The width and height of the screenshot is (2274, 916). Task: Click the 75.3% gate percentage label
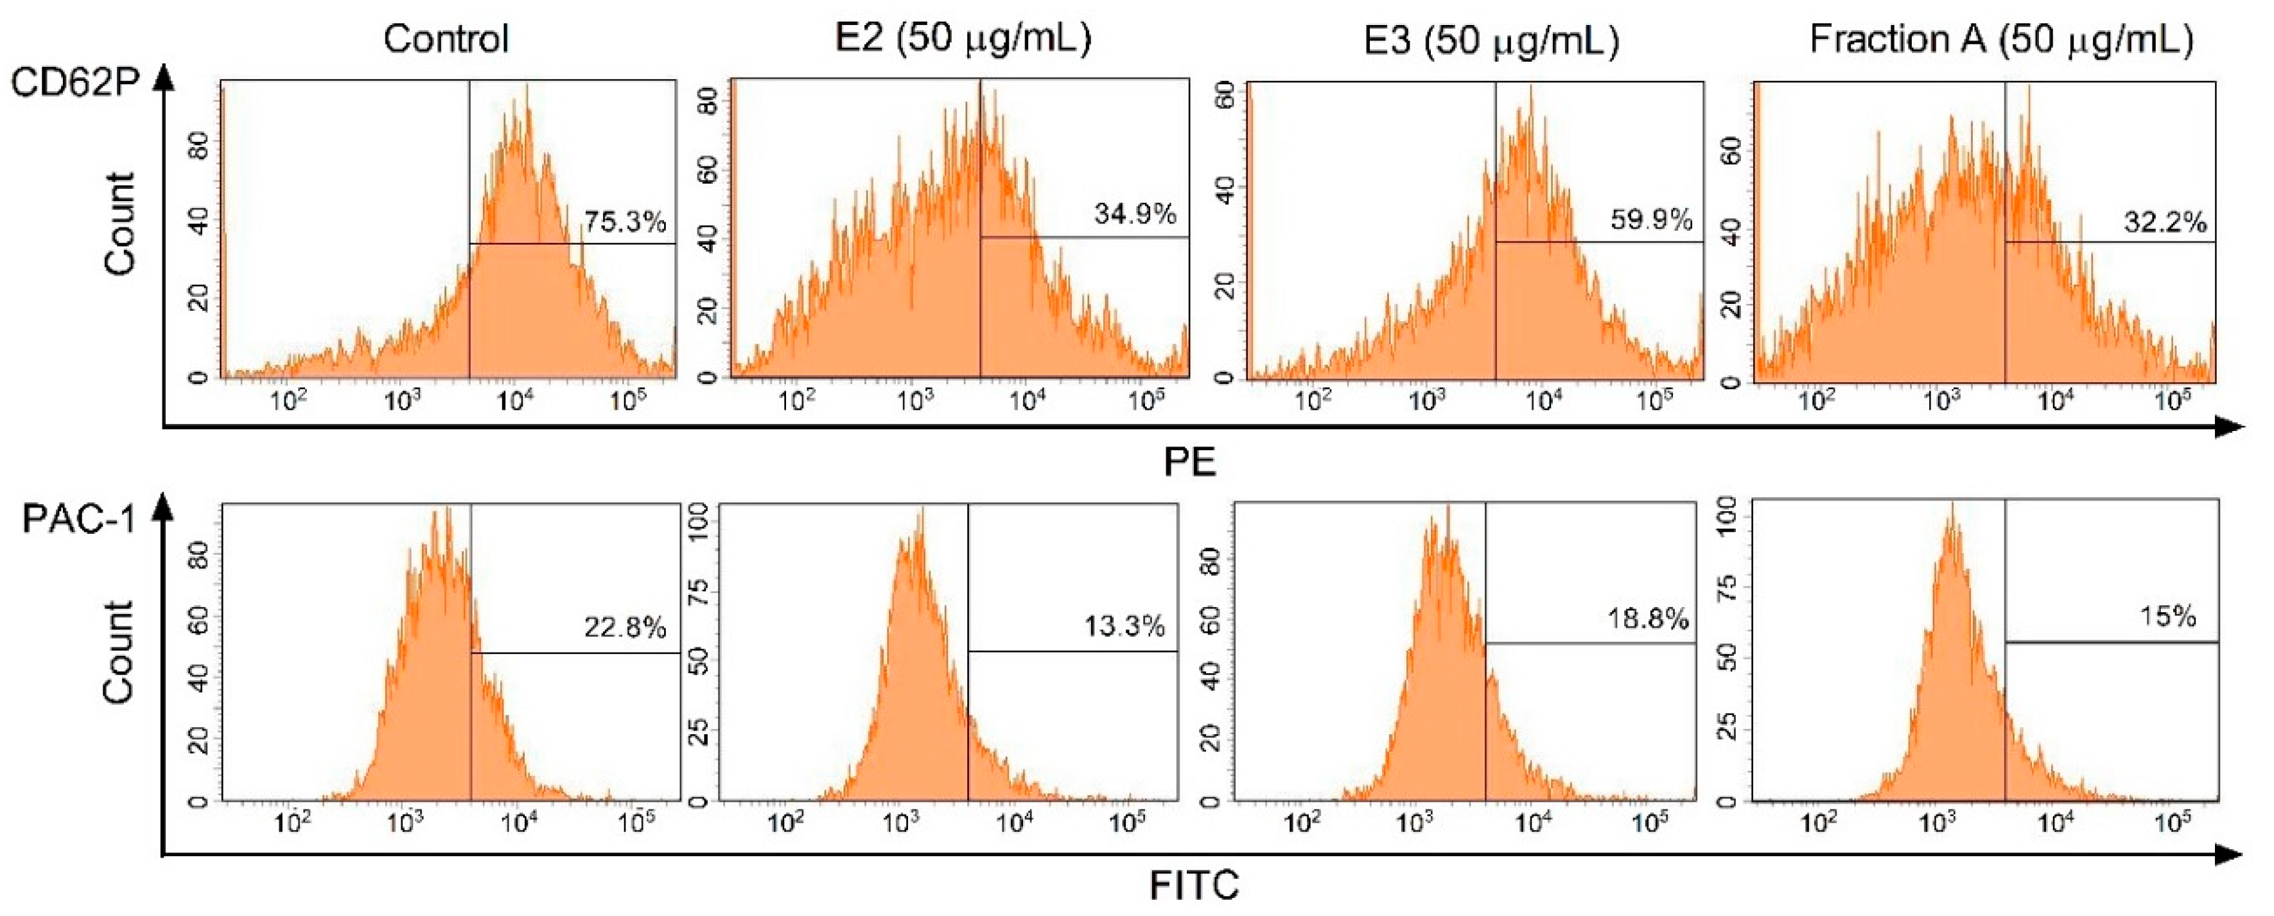point(624,222)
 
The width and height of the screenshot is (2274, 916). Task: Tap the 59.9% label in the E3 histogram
point(1651,220)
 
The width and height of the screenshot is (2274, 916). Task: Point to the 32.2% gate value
point(2165,222)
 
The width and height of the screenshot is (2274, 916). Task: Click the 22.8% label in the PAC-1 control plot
point(624,628)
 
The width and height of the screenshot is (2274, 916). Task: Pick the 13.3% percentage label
point(1124,626)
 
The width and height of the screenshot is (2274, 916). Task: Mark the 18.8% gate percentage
point(1647,619)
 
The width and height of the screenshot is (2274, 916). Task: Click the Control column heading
point(446,39)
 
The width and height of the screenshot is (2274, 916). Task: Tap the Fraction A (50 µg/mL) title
point(2001,39)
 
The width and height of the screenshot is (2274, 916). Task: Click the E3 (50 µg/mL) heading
point(1491,40)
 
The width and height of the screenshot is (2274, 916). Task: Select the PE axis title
point(1189,462)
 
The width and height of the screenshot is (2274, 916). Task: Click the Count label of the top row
point(119,224)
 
